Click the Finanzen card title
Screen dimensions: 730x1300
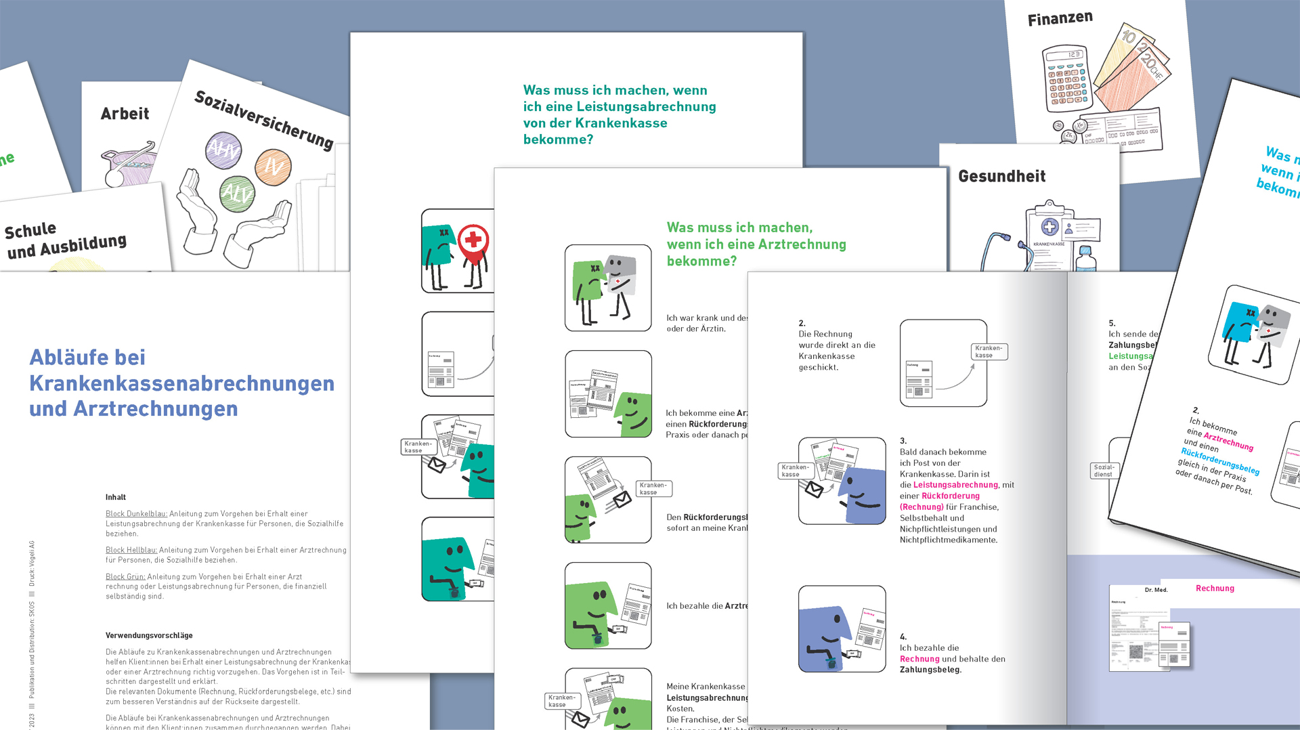click(x=1060, y=18)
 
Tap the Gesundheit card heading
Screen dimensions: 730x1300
click(x=1001, y=177)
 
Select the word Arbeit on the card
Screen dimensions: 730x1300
click(x=125, y=114)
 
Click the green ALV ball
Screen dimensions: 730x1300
click(x=237, y=194)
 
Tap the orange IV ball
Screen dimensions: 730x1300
click(x=273, y=167)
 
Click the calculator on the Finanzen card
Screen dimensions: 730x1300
click(x=1067, y=78)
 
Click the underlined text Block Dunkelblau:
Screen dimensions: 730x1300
click(x=136, y=514)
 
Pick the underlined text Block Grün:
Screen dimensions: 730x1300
click(x=125, y=577)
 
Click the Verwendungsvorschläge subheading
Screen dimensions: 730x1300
click(x=149, y=635)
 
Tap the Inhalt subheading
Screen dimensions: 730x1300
click(x=116, y=497)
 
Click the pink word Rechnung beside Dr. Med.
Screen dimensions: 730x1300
click(x=1215, y=588)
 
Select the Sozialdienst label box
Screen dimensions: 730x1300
click(x=1104, y=470)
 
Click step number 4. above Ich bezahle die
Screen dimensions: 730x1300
click(x=903, y=637)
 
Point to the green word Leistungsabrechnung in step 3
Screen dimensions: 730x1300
click(x=955, y=485)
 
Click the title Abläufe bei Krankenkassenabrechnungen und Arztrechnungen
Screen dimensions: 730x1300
click(x=181, y=383)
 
